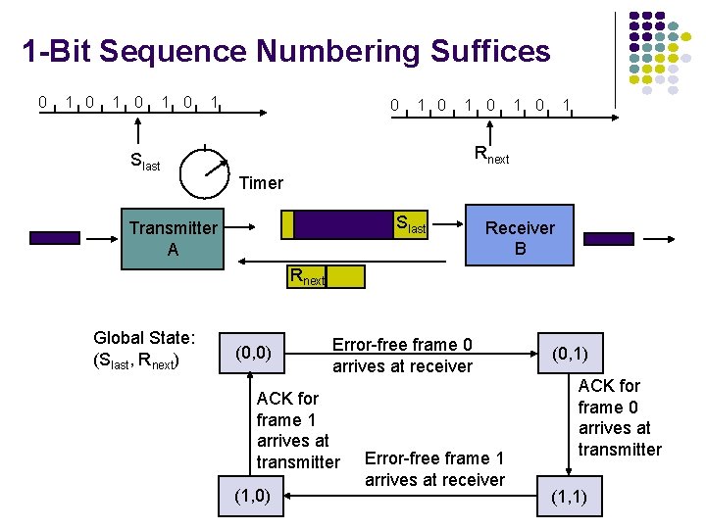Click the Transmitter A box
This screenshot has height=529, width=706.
click(x=173, y=238)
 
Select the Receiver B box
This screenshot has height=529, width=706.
click(x=519, y=238)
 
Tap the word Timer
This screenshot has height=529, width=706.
click(x=261, y=183)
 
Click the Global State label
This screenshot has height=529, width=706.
click(x=144, y=349)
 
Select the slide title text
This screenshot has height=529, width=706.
click(x=286, y=51)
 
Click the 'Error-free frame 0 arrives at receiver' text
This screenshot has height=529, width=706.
click(x=402, y=356)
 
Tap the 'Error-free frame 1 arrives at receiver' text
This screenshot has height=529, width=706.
click(x=433, y=468)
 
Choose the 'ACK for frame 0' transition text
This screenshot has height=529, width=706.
click(x=619, y=417)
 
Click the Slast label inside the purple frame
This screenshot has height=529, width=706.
click(x=410, y=225)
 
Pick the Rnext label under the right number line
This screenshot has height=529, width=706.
click(x=491, y=154)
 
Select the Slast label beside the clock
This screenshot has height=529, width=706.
click(x=145, y=163)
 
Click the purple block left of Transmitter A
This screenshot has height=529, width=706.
click(x=55, y=237)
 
